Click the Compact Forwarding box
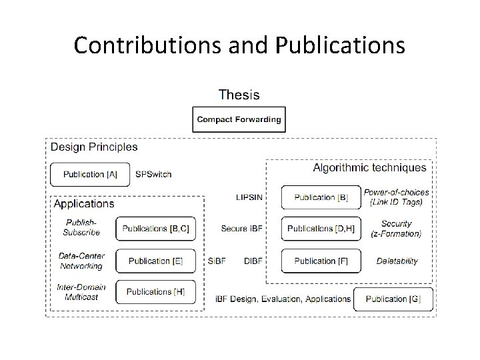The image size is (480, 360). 239,120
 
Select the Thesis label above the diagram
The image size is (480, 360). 239,95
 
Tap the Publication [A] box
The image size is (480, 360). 89,175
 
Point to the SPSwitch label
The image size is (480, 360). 153,175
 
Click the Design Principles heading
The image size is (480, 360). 94,147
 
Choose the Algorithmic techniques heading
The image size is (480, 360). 369,168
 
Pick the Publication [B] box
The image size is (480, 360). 321,197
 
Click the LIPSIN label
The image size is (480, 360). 249,197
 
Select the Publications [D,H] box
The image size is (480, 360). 321,229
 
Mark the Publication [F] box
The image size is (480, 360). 321,261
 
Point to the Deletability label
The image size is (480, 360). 397,261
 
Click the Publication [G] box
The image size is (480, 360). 393,299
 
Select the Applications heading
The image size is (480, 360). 84,204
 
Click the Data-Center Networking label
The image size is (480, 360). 81,261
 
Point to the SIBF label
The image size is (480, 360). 217,261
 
